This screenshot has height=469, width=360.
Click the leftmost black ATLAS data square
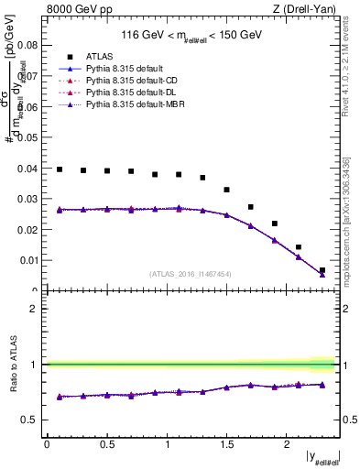60,169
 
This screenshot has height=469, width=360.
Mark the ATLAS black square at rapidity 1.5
226,190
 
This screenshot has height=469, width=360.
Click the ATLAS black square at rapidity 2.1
299,246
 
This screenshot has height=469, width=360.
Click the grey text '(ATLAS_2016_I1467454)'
190,274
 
